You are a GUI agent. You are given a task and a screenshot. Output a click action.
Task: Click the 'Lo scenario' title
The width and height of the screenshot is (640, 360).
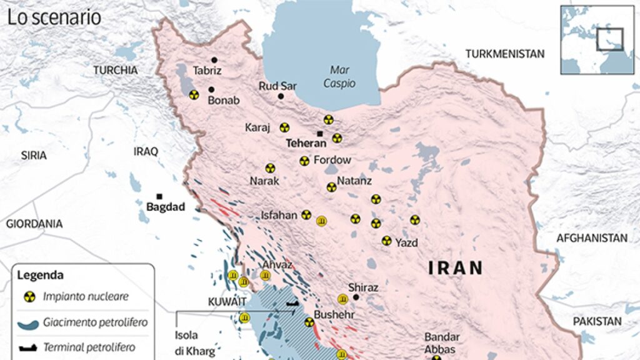(x=54, y=17)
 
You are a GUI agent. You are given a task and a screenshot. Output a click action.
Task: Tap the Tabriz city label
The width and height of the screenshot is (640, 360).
(x=207, y=71)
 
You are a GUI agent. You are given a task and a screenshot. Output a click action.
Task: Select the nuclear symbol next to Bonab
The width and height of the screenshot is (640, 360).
(x=194, y=95)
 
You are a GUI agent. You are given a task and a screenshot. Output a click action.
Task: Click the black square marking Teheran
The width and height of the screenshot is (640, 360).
(x=319, y=134)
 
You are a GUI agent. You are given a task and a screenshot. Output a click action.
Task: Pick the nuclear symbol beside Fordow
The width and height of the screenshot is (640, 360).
(x=304, y=161)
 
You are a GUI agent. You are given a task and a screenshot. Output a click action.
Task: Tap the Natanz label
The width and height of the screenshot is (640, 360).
(x=354, y=181)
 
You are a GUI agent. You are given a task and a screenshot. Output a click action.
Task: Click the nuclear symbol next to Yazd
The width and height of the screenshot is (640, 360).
(x=387, y=241)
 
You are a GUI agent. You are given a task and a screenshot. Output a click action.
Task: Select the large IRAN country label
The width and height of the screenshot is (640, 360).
(x=456, y=268)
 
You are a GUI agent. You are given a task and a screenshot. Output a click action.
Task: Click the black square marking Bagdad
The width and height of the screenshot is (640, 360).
(x=159, y=196)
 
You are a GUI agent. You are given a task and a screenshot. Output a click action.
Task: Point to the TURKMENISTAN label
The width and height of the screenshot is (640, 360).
(x=504, y=54)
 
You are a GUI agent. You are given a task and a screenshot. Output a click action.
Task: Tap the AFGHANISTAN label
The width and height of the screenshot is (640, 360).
(x=591, y=238)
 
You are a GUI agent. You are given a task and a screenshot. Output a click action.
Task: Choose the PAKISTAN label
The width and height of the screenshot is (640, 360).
(x=597, y=321)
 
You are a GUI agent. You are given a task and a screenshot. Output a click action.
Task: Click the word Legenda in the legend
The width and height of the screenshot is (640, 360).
(x=40, y=275)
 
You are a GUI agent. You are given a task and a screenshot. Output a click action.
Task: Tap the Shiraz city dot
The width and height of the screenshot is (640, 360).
(x=356, y=297)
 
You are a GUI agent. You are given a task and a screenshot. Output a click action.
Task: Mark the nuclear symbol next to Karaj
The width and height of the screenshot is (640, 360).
(x=284, y=127)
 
